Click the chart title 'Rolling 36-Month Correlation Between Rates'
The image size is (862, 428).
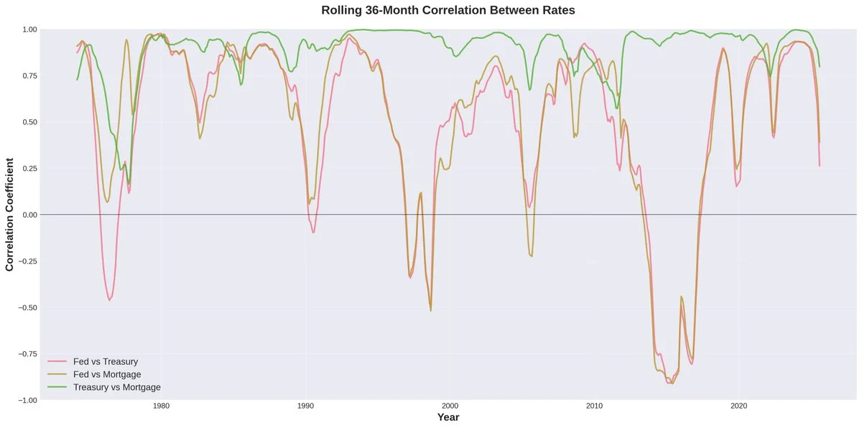pos(448,11)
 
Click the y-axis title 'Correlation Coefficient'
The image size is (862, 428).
pos(10,215)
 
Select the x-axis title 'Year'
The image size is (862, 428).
pos(448,417)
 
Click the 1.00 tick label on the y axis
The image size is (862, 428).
pos(29,29)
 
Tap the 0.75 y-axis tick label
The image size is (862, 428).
pos(29,76)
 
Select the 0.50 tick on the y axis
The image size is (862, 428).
pos(29,122)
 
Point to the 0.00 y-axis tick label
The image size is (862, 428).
pos(29,215)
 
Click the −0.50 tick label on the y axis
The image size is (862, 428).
pos(27,307)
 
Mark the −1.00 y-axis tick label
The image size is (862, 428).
pos(27,400)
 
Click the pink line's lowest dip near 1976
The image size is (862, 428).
pos(110,299)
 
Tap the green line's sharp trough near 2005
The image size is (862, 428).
pos(529,90)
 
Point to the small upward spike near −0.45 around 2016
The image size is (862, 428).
pos(681,297)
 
